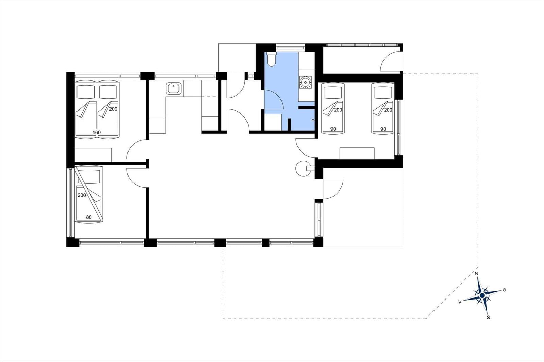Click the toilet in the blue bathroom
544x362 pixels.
coord(271,59)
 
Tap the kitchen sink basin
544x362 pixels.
coord(174,88)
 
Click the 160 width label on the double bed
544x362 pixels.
coord(97,132)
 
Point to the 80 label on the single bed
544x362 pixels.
coord(89,217)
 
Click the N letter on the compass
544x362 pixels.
coord(477,273)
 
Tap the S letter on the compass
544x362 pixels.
coord(488,318)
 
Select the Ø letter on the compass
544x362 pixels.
coord(505,290)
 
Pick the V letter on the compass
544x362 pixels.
coord(460,302)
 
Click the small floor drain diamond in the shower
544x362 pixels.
coord(313,120)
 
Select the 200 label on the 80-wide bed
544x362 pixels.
coord(82,195)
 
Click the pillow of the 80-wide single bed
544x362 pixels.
coord(89,177)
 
